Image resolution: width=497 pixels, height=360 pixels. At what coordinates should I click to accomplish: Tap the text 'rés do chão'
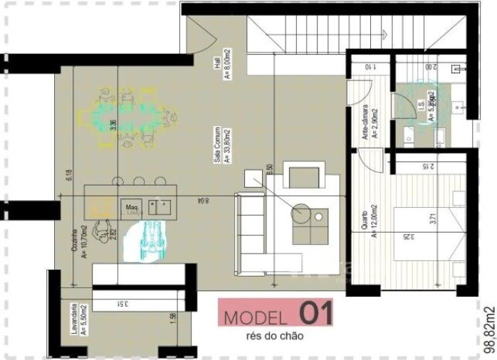(x=274, y=337)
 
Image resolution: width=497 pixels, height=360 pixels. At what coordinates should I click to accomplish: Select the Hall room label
(x=222, y=68)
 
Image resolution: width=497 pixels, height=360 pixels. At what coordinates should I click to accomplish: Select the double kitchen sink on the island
(x=160, y=207)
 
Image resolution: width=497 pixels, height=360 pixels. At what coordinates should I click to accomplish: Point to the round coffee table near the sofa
(x=301, y=211)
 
